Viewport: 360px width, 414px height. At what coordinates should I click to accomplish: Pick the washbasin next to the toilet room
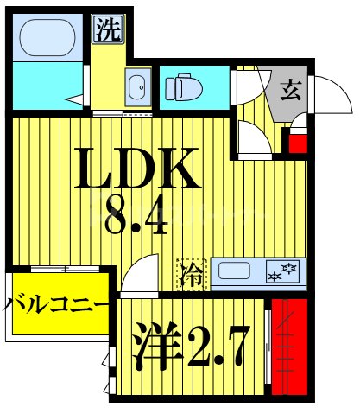136,86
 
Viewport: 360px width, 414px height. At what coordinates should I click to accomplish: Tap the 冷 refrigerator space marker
193,274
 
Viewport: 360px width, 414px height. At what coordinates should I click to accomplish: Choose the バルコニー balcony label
57,306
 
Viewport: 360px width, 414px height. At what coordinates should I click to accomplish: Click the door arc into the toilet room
250,86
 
